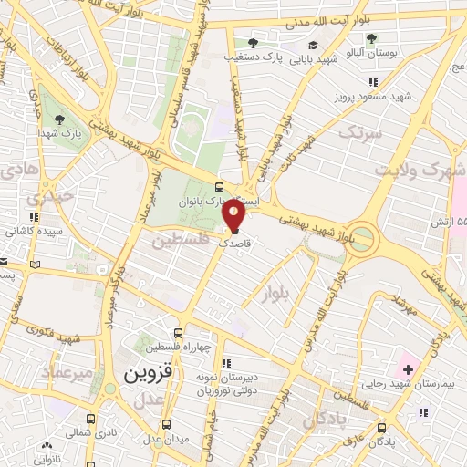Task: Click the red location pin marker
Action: point(233,214)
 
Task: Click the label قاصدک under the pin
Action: point(234,244)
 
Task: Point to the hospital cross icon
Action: point(409,370)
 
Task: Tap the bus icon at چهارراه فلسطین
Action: point(180,333)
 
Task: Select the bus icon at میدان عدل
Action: point(166,424)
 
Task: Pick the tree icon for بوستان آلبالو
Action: point(371,38)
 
